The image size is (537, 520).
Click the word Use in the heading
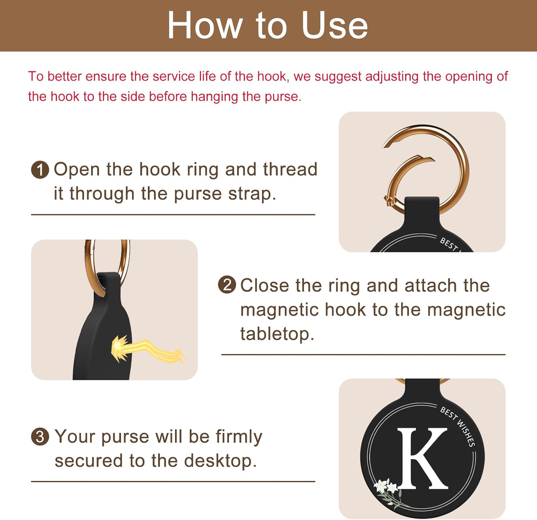pyautogui.click(x=334, y=25)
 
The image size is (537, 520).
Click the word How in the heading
pyautogui.click(x=204, y=25)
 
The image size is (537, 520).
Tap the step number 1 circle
pyautogui.click(x=40, y=169)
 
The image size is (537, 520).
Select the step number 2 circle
pyautogui.click(x=227, y=285)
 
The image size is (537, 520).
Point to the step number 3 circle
pyautogui.click(x=40, y=437)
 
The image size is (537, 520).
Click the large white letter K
pyautogui.click(x=422, y=458)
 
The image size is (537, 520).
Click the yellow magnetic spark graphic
pyautogui.click(x=143, y=349)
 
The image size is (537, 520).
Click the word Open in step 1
pyautogui.click(x=77, y=169)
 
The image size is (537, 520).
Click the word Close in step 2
pyautogui.click(x=265, y=285)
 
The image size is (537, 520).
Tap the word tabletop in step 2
pyautogui.click(x=277, y=334)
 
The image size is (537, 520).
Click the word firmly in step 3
pyautogui.click(x=239, y=437)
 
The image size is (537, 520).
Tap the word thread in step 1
pyautogui.click(x=290, y=169)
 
